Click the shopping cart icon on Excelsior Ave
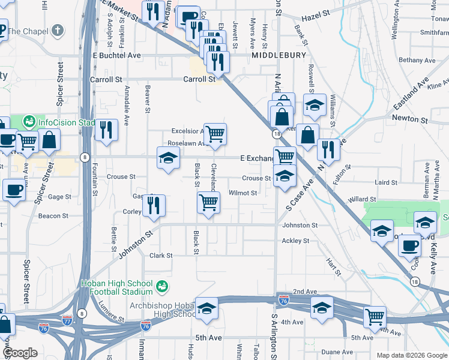pyautogui.click(x=214, y=133)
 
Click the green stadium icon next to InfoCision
pyautogui.click(x=28, y=122)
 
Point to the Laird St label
pyautogui.click(x=386, y=182)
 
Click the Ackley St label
pyautogui.click(x=295, y=241)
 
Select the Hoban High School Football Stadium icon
pyautogui.click(x=161, y=287)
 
